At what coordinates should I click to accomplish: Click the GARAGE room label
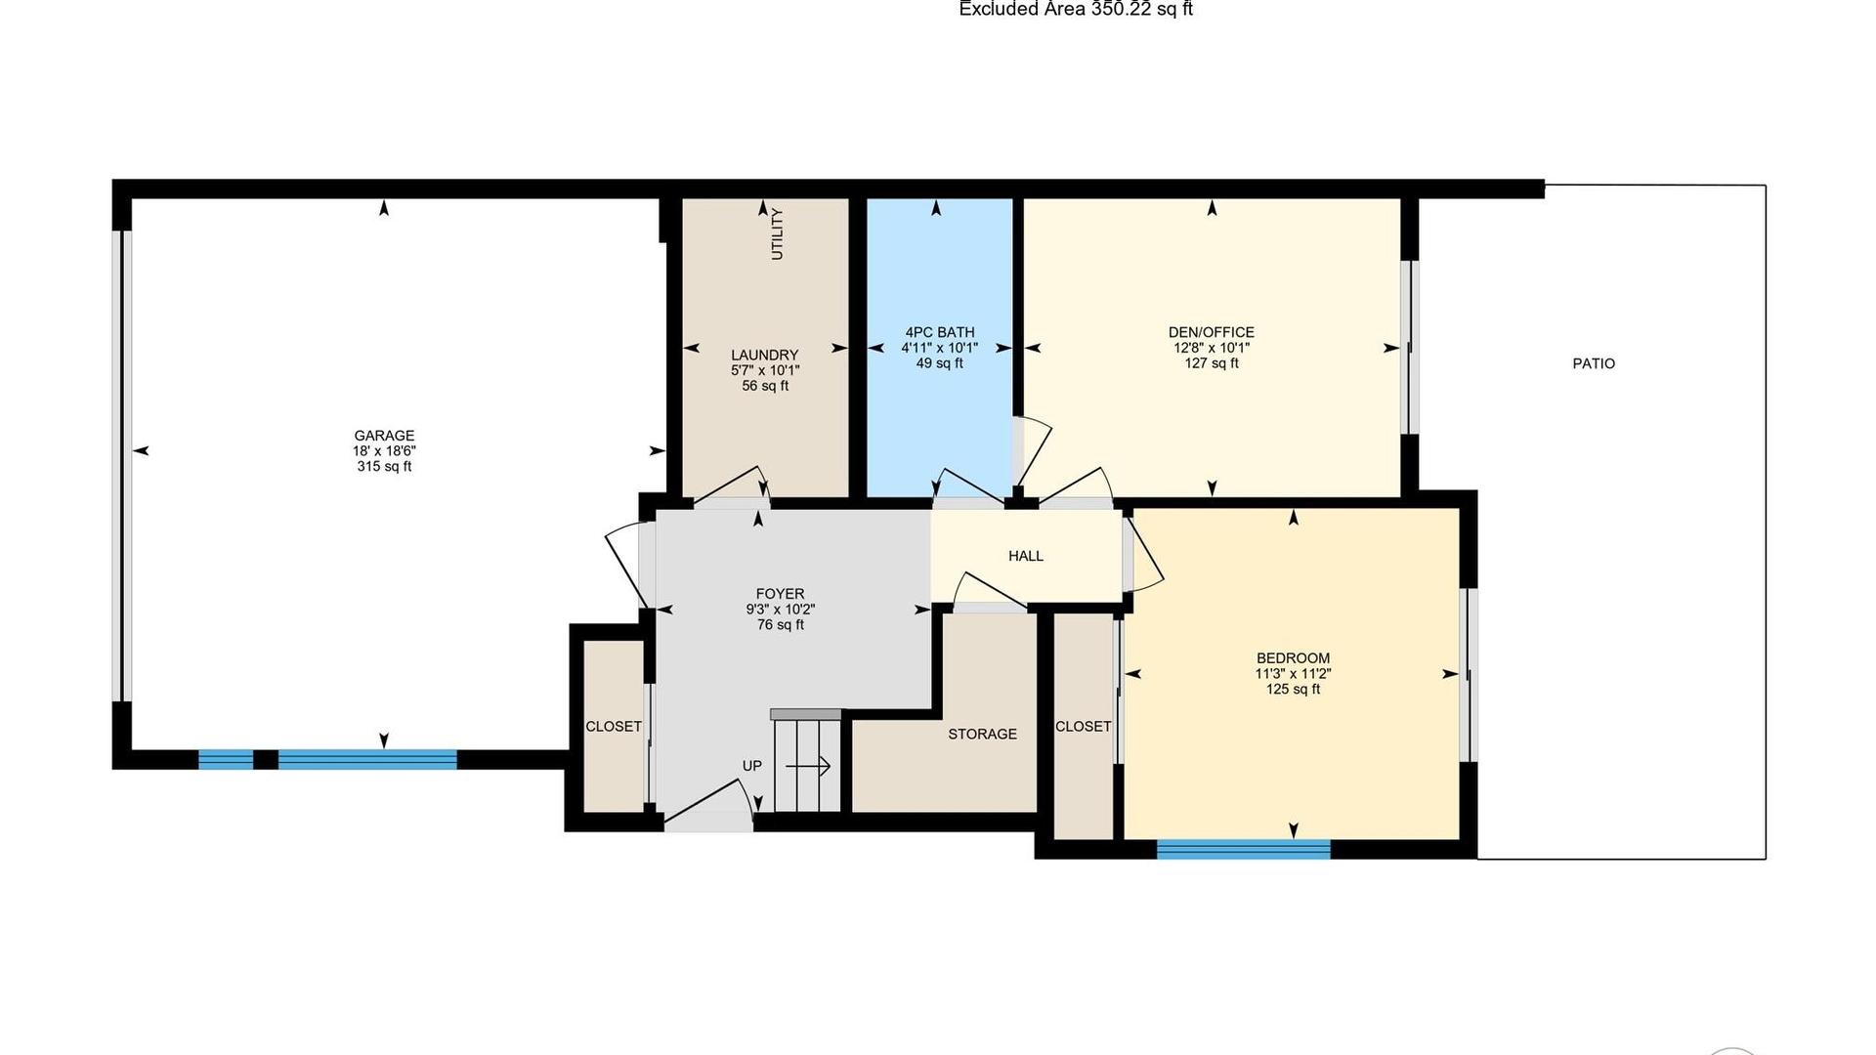pos(384,436)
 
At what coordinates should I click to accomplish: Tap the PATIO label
pos(1594,363)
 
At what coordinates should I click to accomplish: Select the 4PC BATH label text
pos(939,332)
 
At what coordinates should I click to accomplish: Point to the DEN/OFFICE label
pos(1212,332)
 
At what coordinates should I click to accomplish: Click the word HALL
pos(1026,556)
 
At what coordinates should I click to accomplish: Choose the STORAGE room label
pos(982,734)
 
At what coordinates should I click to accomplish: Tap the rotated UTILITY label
pos(778,234)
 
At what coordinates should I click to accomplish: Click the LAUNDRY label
pos(765,355)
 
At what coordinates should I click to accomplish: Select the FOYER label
pos(780,594)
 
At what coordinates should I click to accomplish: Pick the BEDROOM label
pos(1293,658)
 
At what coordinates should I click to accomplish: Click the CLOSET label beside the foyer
pos(614,727)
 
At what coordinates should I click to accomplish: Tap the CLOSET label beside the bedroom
pos(1083,727)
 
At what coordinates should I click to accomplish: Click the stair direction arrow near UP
pos(808,767)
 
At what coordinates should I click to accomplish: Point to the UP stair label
pos(752,766)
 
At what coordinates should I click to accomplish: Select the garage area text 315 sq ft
pos(384,467)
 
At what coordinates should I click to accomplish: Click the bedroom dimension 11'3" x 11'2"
pos(1293,674)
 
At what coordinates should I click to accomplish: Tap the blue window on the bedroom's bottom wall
pos(1244,849)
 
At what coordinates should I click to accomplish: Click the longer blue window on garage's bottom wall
pos(367,759)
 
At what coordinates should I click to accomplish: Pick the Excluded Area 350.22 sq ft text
pos(1076,9)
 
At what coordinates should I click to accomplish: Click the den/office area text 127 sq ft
pos(1212,363)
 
